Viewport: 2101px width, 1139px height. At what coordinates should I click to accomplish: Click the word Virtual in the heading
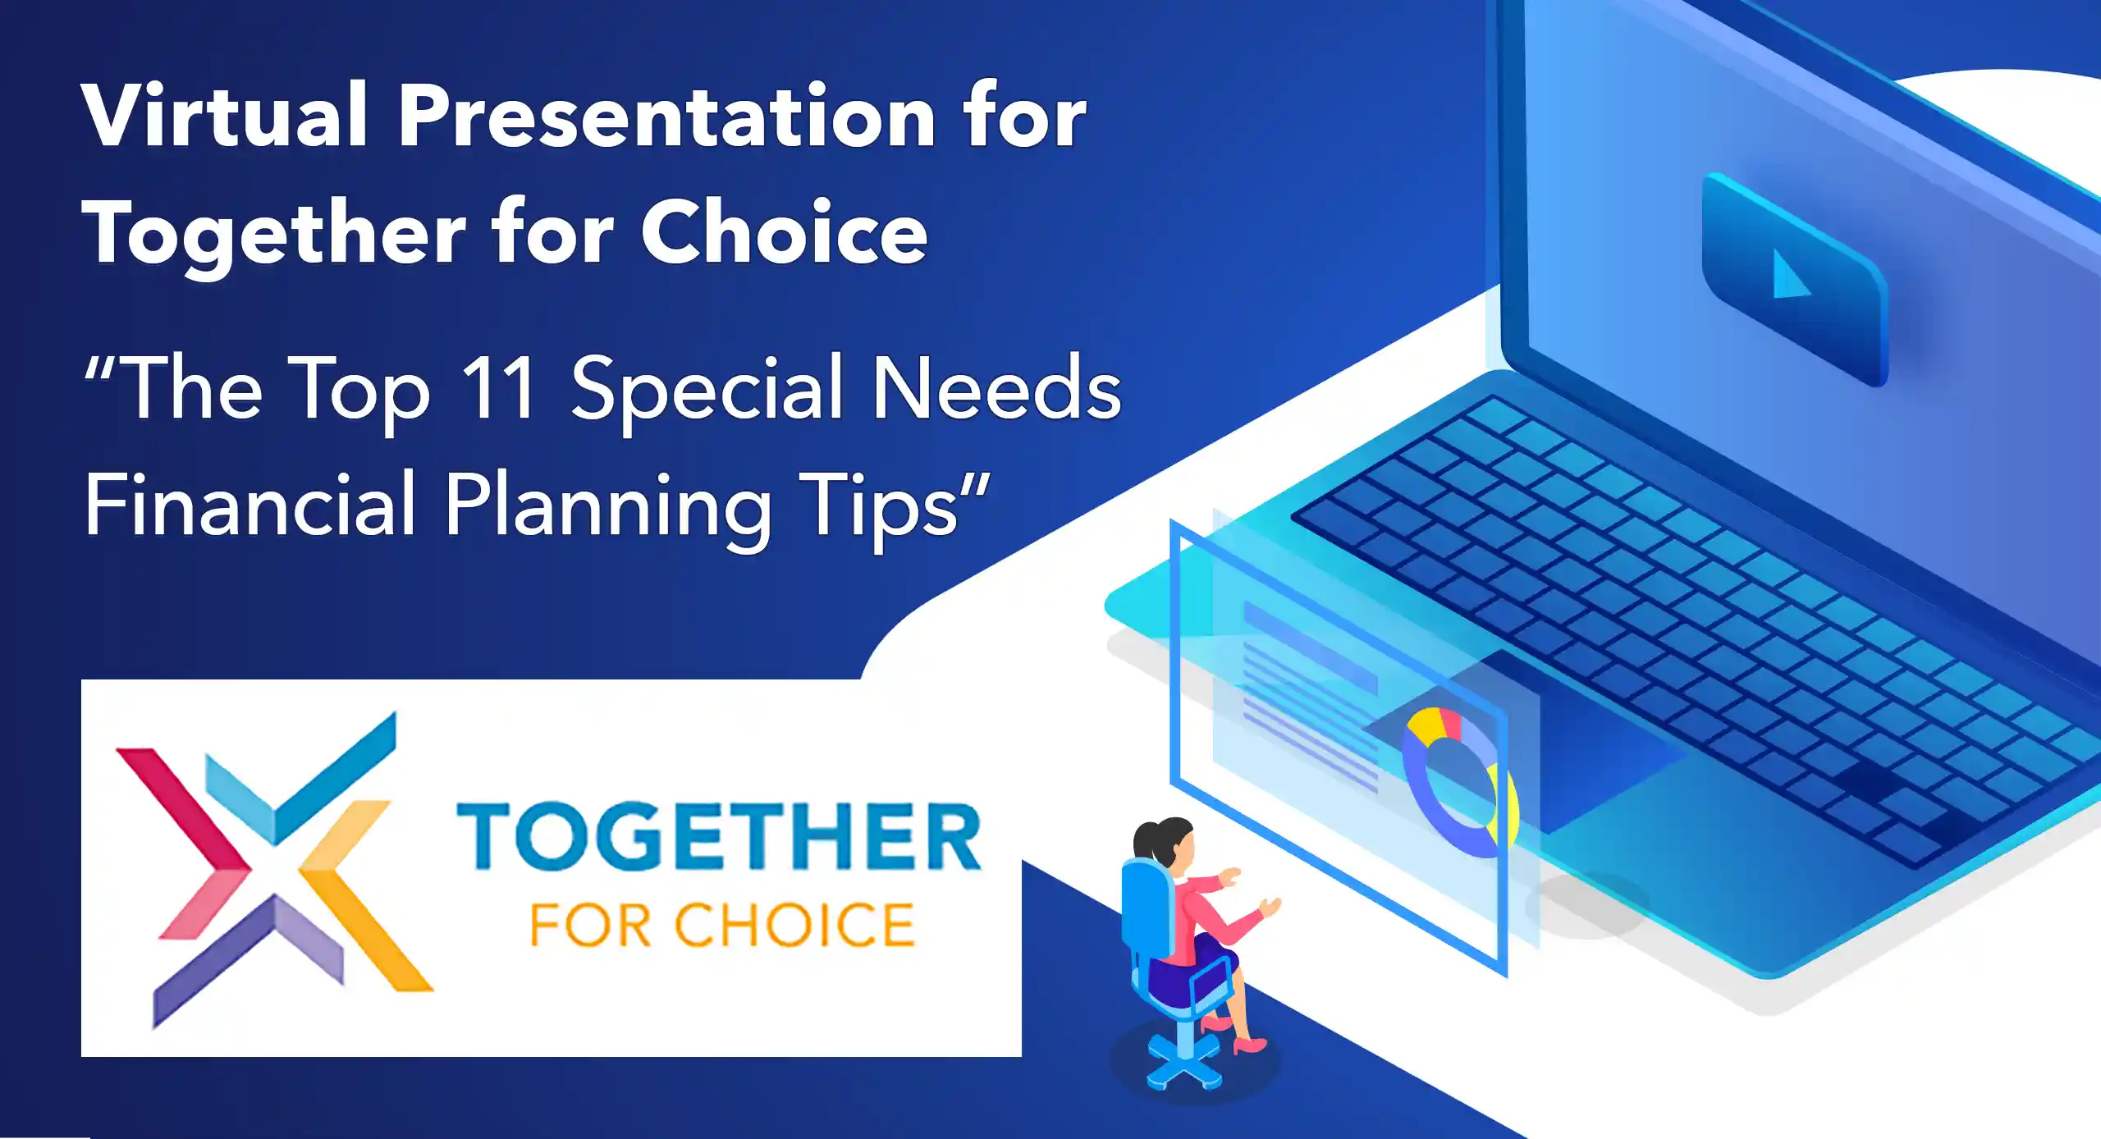224,116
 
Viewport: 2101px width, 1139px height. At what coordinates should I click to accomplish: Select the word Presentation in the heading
668,116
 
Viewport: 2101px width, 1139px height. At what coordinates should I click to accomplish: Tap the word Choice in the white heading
784,233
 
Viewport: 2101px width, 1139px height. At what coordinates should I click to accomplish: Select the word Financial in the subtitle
250,505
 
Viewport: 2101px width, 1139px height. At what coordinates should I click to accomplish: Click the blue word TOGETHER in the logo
719,837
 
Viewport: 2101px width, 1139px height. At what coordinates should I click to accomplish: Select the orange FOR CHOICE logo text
722,925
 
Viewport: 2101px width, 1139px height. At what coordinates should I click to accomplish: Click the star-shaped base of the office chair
1183,1063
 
